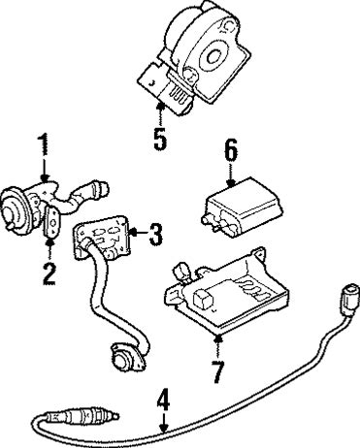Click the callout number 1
click(x=44, y=144)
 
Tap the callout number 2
click(x=49, y=274)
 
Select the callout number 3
click(x=155, y=235)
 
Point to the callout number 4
click(x=164, y=400)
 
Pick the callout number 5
click(x=160, y=139)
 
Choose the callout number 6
click(x=230, y=150)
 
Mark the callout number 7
click(x=218, y=371)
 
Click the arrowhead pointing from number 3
click(x=133, y=233)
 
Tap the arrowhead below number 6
click(x=231, y=183)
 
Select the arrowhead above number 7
click(x=218, y=338)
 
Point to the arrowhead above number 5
click(x=160, y=105)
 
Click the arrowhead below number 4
click(x=164, y=428)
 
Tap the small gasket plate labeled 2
click(x=51, y=222)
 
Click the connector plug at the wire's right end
click(x=350, y=299)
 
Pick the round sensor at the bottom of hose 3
click(x=124, y=357)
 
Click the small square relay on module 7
click(x=203, y=298)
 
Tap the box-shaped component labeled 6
click(x=243, y=207)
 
